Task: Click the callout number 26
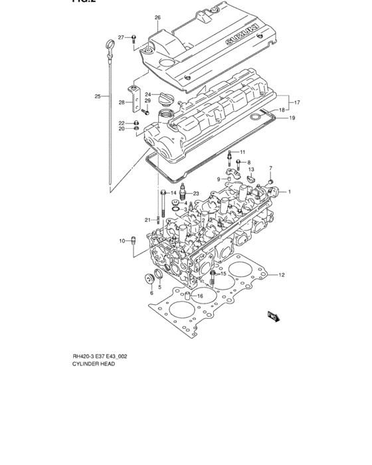[157, 17]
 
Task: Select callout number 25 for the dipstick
[97, 96]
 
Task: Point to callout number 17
[298, 102]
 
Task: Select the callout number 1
[290, 192]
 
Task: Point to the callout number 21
[147, 220]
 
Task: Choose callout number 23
[196, 193]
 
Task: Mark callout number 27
[122, 37]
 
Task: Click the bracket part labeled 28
[136, 100]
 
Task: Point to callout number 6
[151, 292]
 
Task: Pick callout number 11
[242, 152]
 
